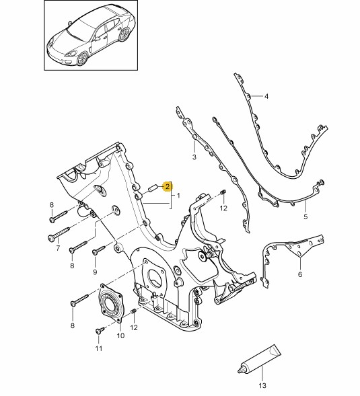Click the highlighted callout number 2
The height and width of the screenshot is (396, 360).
(168, 187)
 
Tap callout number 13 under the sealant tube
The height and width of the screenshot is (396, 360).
(262, 385)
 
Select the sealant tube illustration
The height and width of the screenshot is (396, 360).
(259, 360)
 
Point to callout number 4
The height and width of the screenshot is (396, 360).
(266, 96)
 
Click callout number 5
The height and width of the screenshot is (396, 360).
(305, 216)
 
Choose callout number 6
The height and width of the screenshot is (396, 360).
(300, 274)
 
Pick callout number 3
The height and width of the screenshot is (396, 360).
(194, 157)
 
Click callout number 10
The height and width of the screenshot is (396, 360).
(120, 335)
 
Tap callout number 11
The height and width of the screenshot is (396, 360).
(99, 348)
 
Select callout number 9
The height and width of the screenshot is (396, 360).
(95, 272)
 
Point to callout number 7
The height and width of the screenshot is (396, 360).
(58, 248)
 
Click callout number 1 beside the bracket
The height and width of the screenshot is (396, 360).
(178, 196)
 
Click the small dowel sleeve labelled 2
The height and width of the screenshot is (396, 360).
(153, 188)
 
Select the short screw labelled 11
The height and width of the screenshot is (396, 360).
(100, 330)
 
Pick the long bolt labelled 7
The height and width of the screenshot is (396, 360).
(59, 233)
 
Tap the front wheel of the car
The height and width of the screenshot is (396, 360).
(83, 58)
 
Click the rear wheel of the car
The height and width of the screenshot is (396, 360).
(124, 34)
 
